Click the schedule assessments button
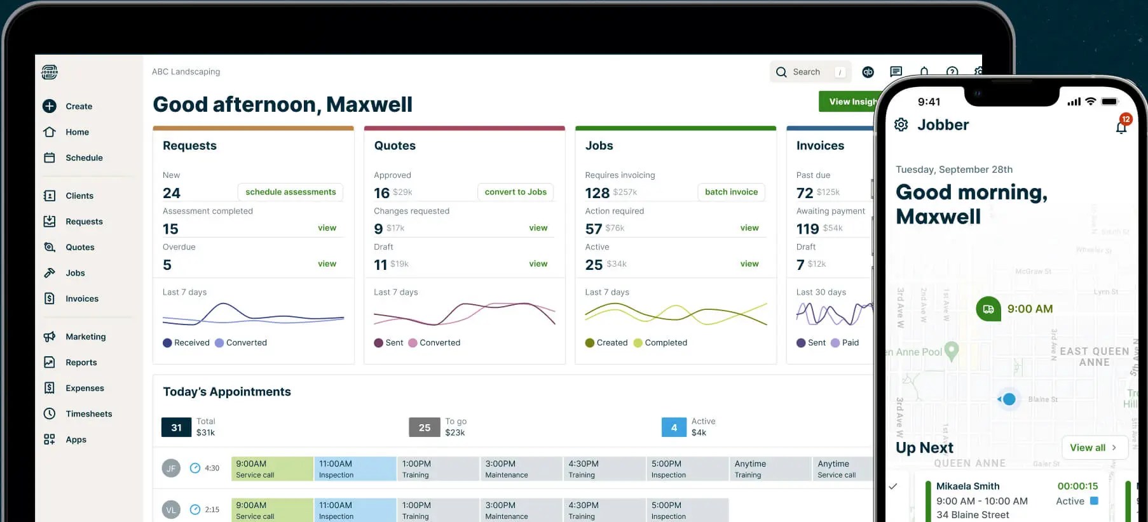pyautogui.click(x=290, y=192)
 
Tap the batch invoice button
pyautogui.click(x=731, y=192)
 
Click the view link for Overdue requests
pyautogui.click(x=327, y=264)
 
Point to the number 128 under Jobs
pyautogui.click(x=597, y=193)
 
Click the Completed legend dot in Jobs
pyautogui.click(x=638, y=343)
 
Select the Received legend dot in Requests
pyautogui.click(x=167, y=343)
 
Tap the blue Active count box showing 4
pyautogui.click(x=674, y=427)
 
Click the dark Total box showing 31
pyautogui.click(x=176, y=427)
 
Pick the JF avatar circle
pyautogui.click(x=171, y=468)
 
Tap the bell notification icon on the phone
pyautogui.click(x=1121, y=127)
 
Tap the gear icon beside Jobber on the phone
pyautogui.click(x=901, y=124)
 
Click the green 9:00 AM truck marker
pyautogui.click(x=988, y=309)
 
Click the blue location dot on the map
pyautogui.click(x=1009, y=399)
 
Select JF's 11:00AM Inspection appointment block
pyautogui.click(x=355, y=469)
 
